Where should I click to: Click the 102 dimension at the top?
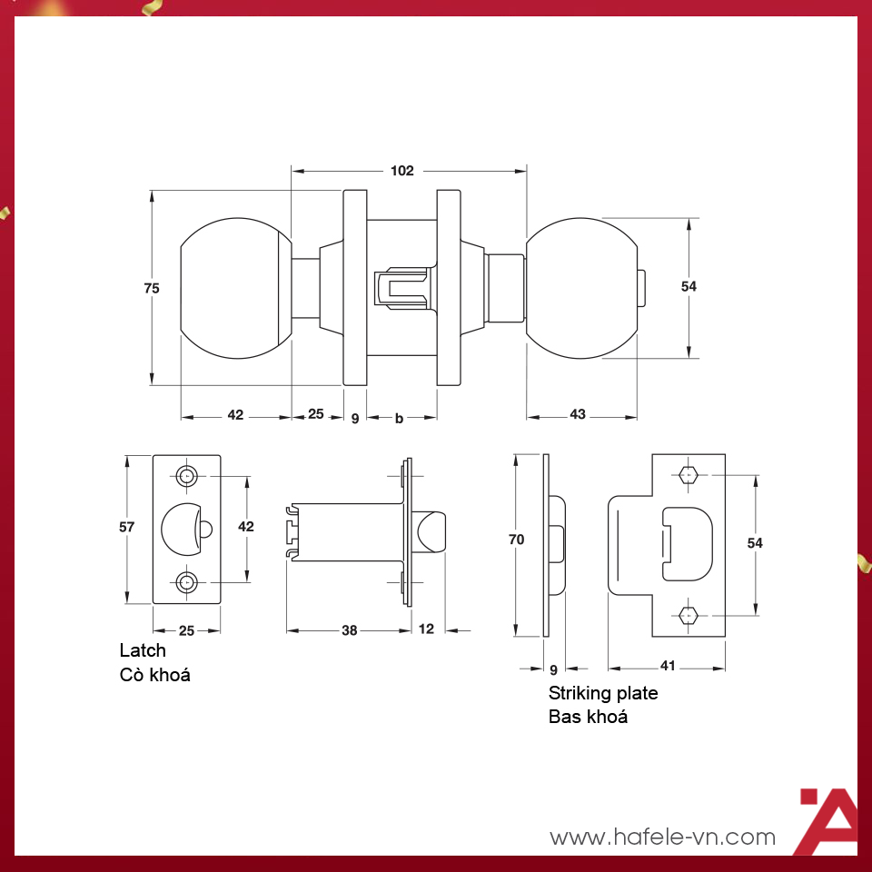pyautogui.click(x=401, y=171)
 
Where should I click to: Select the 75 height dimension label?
pyautogui.click(x=152, y=288)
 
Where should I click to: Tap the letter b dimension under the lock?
pyautogui.click(x=399, y=418)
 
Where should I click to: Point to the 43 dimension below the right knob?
pyautogui.click(x=578, y=415)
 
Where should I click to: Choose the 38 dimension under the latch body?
pyautogui.click(x=348, y=629)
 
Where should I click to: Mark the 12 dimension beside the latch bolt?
pyautogui.click(x=426, y=629)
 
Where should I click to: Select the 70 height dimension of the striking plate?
pyautogui.click(x=517, y=540)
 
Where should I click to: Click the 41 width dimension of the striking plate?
pyautogui.click(x=667, y=667)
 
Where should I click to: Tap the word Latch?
pyautogui.click(x=143, y=650)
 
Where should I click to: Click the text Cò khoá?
pyautogui.click(x=155, y=675)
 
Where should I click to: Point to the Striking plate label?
pyautogui.click(x=603, y=693)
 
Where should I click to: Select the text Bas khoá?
pyautogui.click(x=588, y=717)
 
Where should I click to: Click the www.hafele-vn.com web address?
pyautogui.click(x=663, y=837)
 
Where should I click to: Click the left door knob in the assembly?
pyautogui.click(x=236, y=288)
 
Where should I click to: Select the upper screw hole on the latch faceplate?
pyautogui.click(x=187, y=475)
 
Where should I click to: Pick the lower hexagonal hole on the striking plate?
pyautogui.click(x=688, y=615)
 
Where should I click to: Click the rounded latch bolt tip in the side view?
pyautogui.click(x=433, y=530)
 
